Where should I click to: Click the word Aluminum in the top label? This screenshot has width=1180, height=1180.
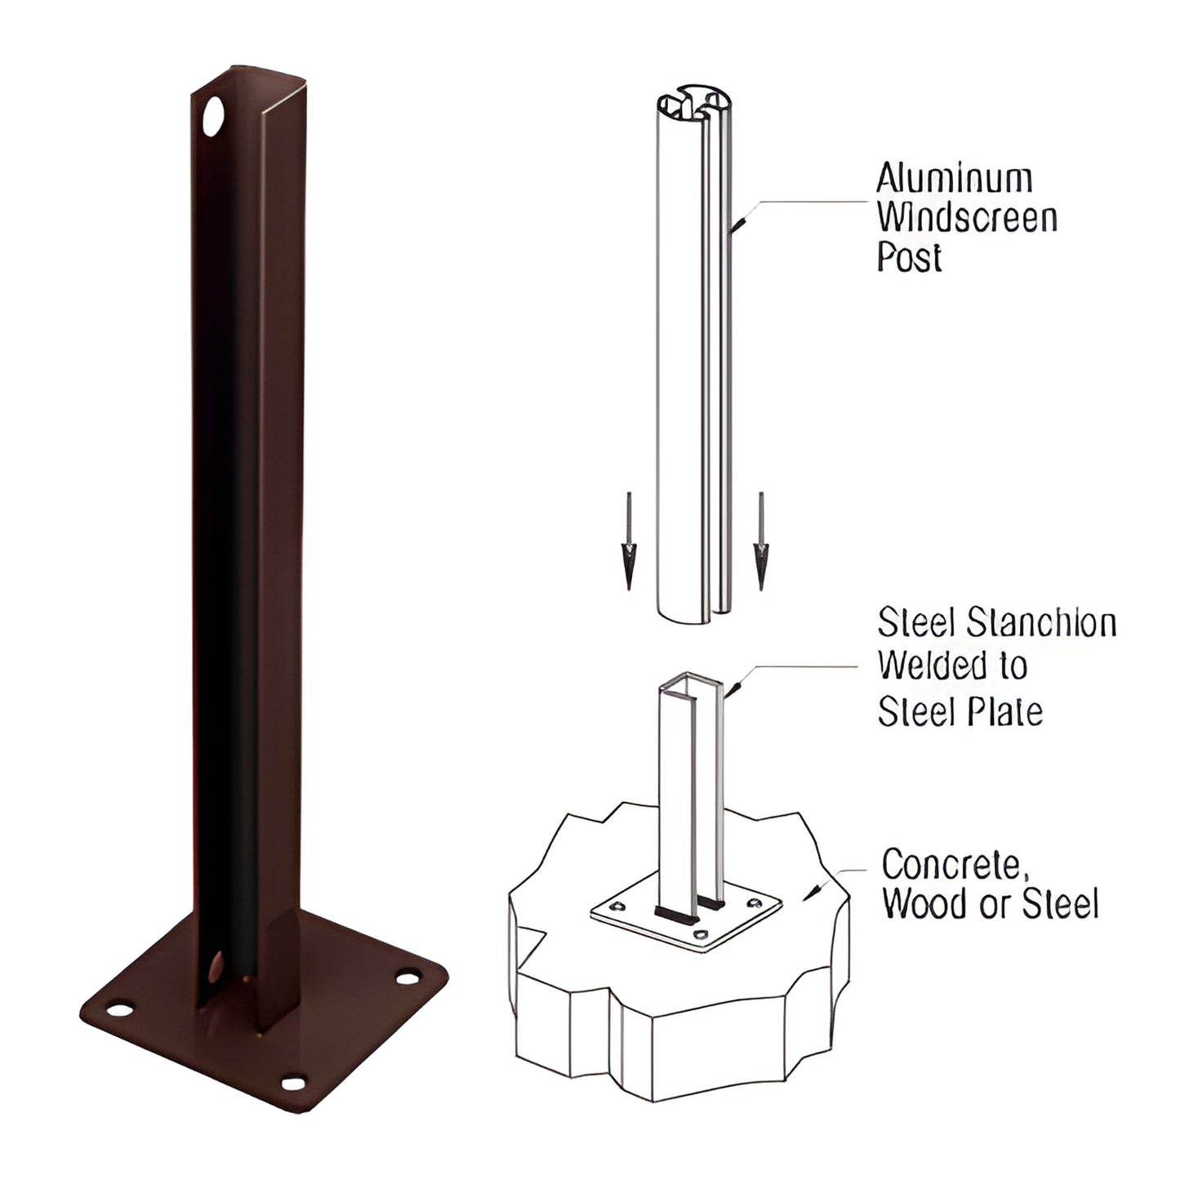click(x=954, y=178)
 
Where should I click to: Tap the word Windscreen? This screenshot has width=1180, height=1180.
click(x=967, y=218)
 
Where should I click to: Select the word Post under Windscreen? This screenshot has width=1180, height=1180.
click(x=909, y=257)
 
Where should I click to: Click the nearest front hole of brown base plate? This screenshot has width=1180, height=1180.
click(x=292, y=1084)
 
